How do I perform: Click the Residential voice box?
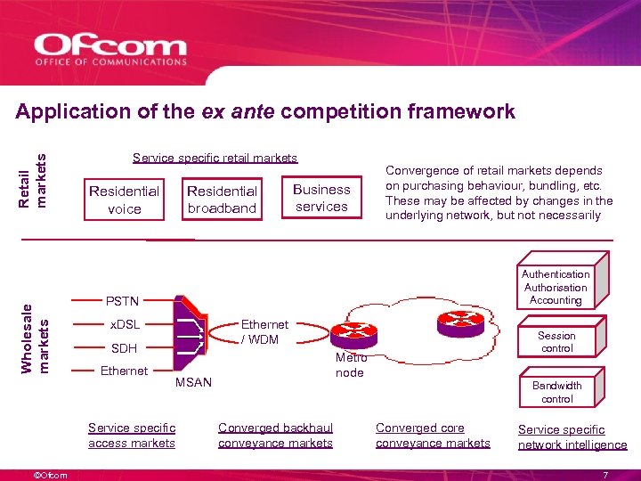click(x=124, y=200)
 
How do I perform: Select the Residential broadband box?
click(x=222, y=200)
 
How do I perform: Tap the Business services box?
click(x=321, y=198)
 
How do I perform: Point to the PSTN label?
click(x=122, y=301)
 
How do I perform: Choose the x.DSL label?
click(x=124, y=324)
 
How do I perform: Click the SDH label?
click(x=124, y=348)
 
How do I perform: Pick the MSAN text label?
click(x=193, y=382)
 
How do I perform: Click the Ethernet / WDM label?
click(x=264, y=332)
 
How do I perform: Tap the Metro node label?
click(x=350, y=365)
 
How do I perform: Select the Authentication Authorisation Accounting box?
click(x=556, y=288)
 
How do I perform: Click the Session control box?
click(x=556, y=342)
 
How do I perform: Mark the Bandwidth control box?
click(x=556, y=392)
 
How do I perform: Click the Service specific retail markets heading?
click(x=215, y=159)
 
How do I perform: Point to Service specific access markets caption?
click(x=132, y=436)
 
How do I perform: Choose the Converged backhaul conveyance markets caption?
click(x=275, y=436)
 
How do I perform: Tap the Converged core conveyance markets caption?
click(x=433, y=436)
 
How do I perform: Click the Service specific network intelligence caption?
click(x=572, y=437)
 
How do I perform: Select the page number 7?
click(x=605, y=473)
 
